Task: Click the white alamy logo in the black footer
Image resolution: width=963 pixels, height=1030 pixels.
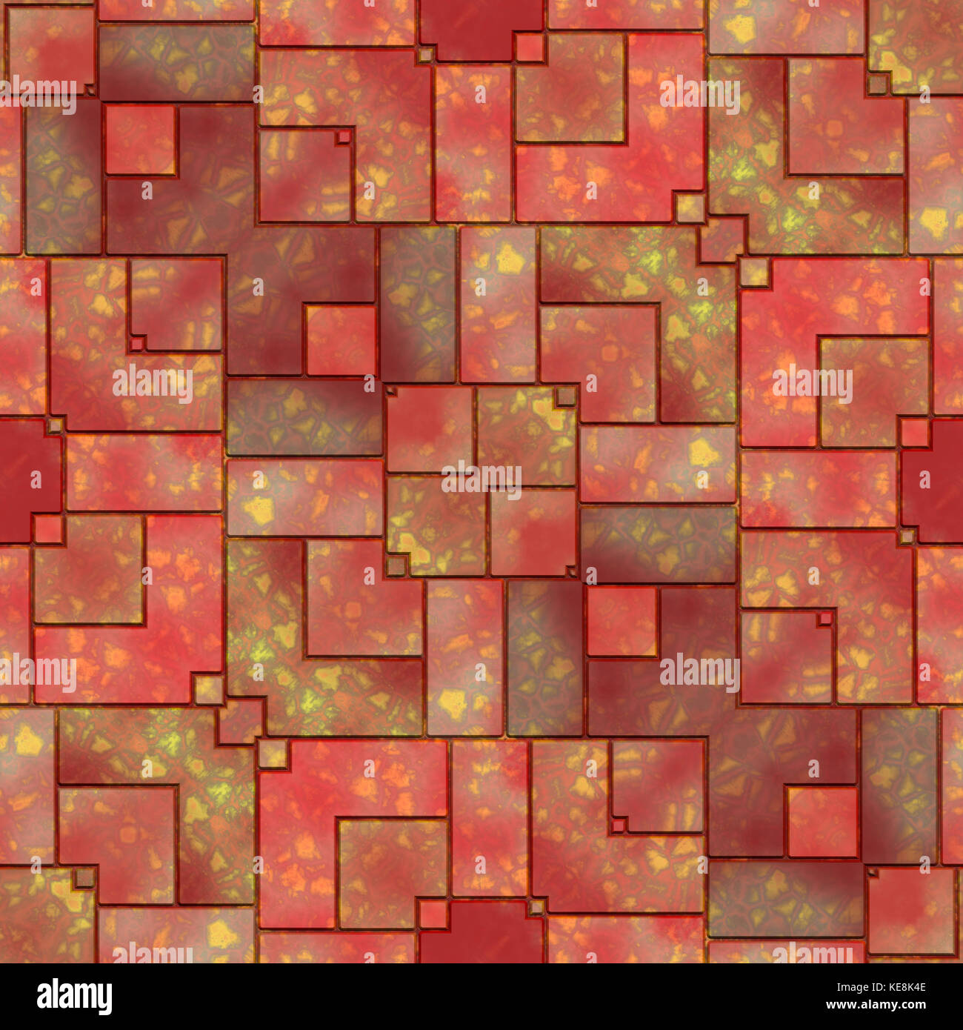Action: pos(74,997)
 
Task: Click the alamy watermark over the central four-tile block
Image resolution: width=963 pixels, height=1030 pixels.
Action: pos(481,479)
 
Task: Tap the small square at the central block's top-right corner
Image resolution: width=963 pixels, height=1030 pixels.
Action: pos(565,396)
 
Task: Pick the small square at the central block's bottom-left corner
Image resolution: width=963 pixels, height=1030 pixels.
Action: pos(396,565)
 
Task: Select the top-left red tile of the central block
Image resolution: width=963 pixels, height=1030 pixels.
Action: pos(430,428)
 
